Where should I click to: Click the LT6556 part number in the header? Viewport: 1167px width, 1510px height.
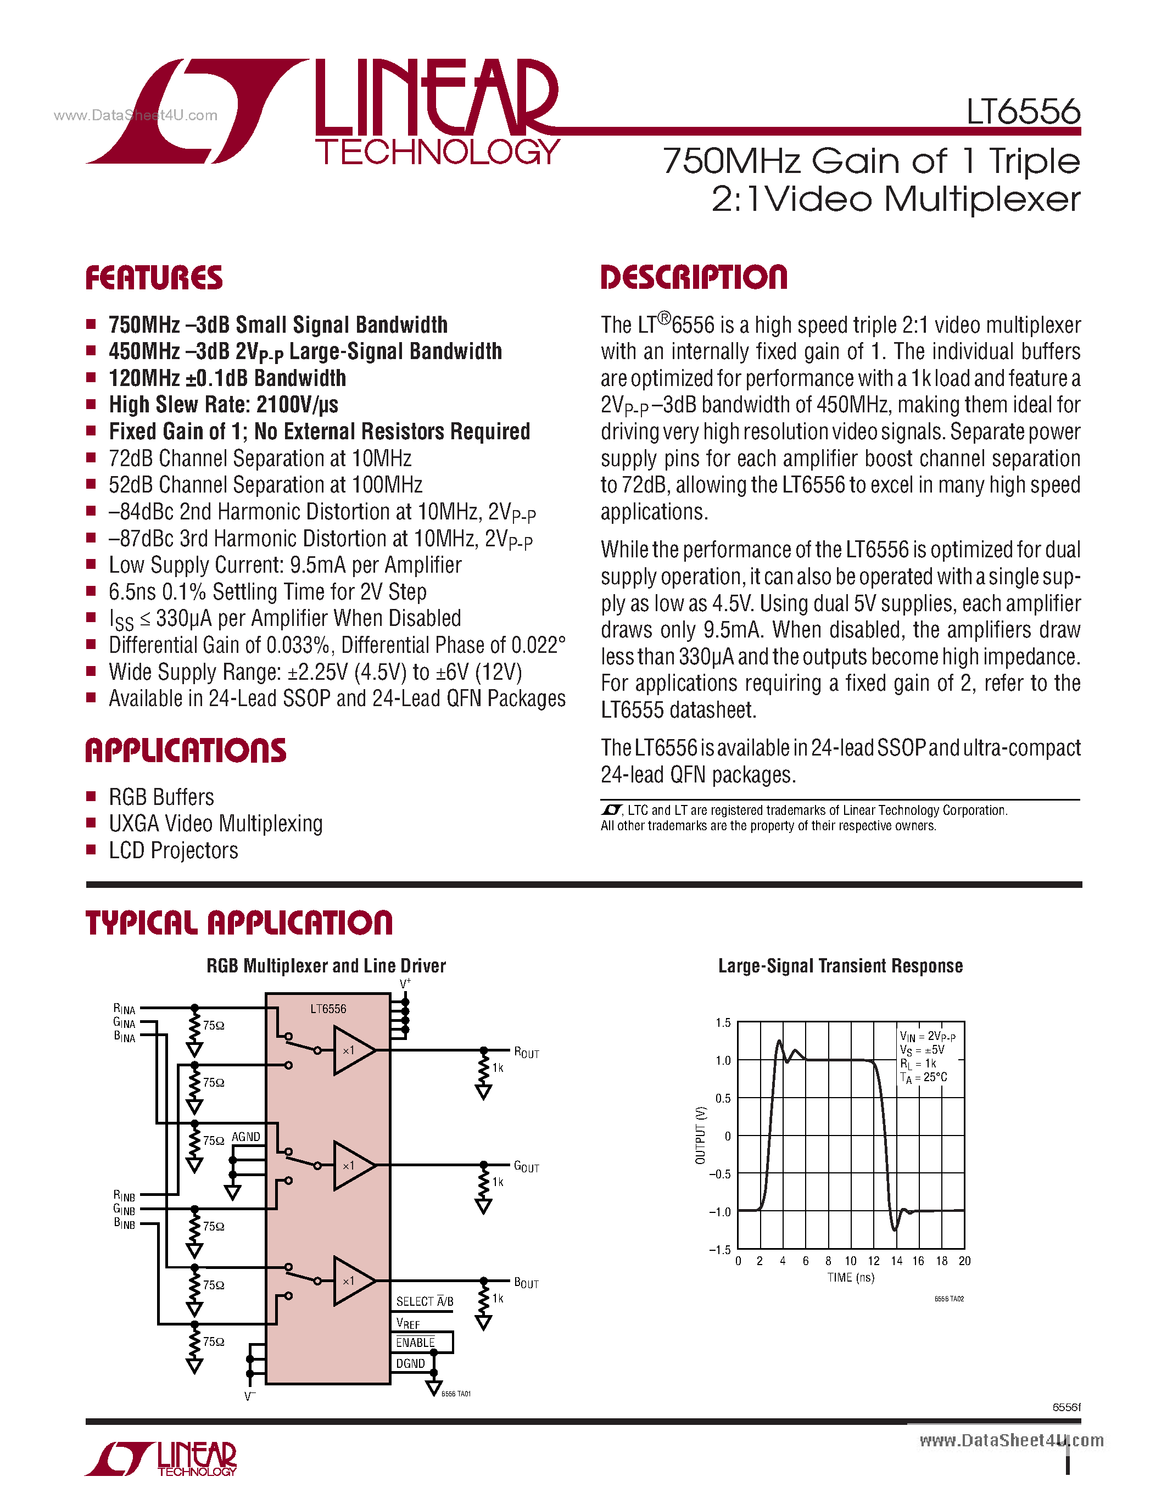pyautogui.click(x=1023, y=111)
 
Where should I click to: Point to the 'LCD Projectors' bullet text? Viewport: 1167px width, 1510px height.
pyautogui.click(x=173, y=851)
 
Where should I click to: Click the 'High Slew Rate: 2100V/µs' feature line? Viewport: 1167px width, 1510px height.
pyautogui.click(x=224, y=405)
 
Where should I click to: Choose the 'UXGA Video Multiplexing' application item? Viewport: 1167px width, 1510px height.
pyautogui.click(x=215, y=824)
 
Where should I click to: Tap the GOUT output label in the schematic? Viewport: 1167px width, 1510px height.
pyautogui.click(x=526, y=1166)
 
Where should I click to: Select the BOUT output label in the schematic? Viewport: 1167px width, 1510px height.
pyautogui.click(x=526, y=1283)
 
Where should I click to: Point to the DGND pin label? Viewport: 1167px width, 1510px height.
pyautogui.click(x=410, y=1363)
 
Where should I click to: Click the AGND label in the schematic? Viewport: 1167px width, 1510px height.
pyautogui.click(x=245, y=1137)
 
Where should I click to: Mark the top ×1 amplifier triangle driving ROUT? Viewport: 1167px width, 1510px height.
pyautogui.click(x=352, y=1050)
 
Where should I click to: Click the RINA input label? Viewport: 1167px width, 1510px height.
pyautogui.click(x=125, y=1009)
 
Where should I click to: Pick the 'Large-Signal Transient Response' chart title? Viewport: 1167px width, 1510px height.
pyautogui.click(x=840, y=966)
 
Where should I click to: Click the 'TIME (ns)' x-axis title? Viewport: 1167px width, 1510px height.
pyautogui.click(x=850, y=1278)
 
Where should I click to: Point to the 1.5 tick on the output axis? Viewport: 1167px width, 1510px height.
pyautogui.click(x=723, y=1022)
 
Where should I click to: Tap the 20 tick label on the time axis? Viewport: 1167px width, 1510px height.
pyautogui.click(x=964, y=1261)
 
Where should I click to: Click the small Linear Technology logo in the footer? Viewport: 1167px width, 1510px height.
pyautogui.click(x=161, y=1459)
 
